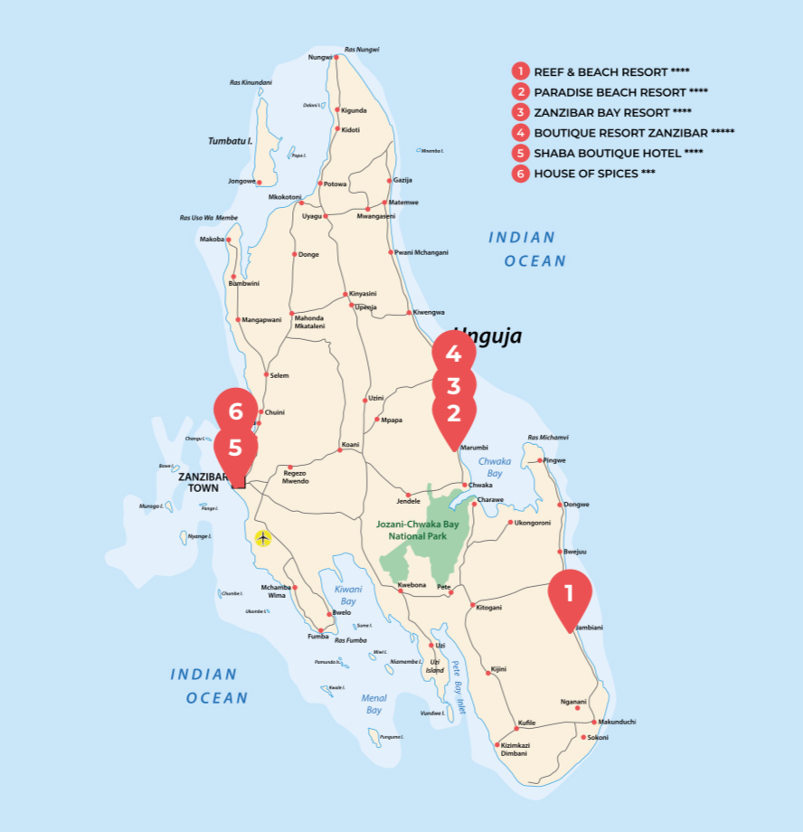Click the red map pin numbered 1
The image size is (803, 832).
point(570,594)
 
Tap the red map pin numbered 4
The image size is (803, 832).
point(453,354)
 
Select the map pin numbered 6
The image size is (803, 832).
point(236,412)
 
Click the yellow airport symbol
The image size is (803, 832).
point(262,538)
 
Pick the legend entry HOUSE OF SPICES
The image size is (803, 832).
point(594,174)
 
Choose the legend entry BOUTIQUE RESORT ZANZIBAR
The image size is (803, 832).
point(633,132)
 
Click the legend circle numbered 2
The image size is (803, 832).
point(520,91)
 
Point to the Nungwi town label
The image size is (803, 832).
point(320,57)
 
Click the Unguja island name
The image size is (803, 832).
point(488,336)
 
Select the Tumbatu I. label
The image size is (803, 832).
point(230,141)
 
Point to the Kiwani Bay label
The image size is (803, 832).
point(347,594)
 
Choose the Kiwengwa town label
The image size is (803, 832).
point(429,312)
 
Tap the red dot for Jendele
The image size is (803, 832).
point(409,495)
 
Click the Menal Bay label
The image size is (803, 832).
point(373,704)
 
